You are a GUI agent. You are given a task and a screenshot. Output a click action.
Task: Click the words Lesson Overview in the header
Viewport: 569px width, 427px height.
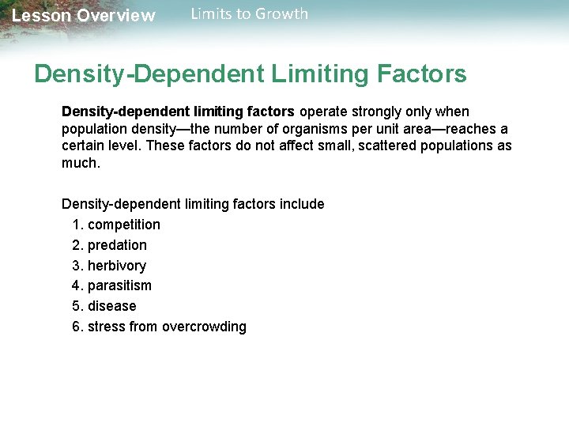84,16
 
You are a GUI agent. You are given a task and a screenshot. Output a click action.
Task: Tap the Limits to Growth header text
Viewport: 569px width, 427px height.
250,13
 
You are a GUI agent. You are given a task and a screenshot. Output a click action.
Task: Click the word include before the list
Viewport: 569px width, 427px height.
302,204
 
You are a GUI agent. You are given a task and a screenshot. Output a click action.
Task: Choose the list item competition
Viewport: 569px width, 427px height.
124,225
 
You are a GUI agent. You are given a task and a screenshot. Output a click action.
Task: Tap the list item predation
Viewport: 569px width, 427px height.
117,245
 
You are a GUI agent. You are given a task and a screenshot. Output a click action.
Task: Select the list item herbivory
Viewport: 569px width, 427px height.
117,266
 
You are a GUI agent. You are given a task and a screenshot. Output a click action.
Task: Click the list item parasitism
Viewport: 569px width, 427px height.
119,285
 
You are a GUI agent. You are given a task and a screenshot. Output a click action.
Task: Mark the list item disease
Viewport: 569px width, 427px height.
112,306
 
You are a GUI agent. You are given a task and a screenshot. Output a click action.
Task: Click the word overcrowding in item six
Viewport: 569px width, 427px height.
204,327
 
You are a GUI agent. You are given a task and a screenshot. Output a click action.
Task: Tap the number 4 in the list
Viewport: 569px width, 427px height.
76,285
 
